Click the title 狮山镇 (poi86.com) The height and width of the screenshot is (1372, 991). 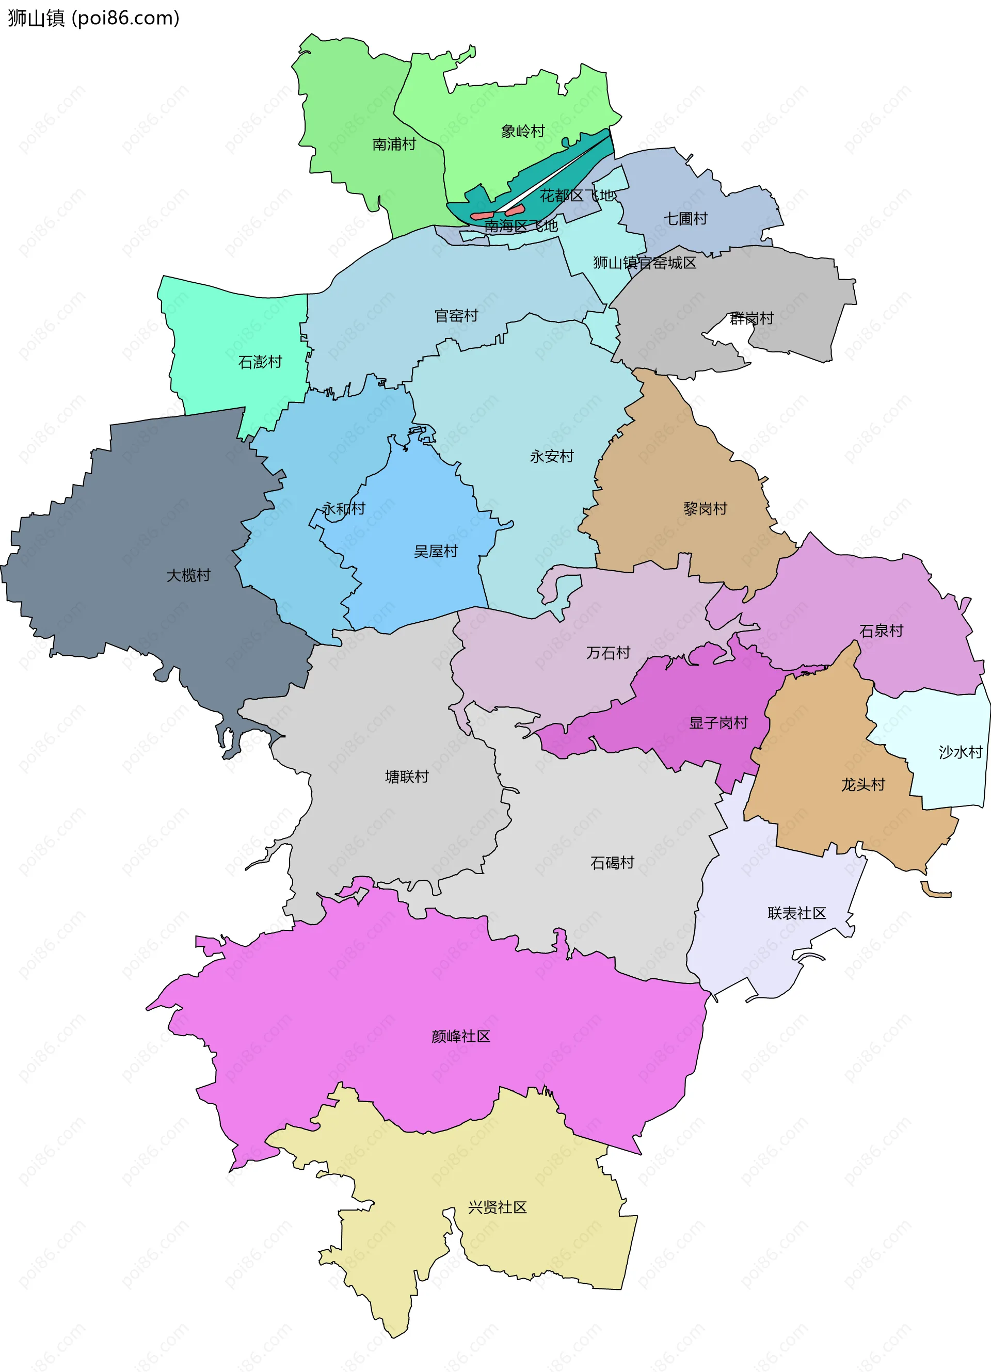click(x=94, y=18)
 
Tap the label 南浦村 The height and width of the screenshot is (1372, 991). click(x=394, y=144)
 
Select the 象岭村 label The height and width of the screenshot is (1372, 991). click(x=523, y=131)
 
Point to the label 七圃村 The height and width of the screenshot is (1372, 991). click(x=685, y=218)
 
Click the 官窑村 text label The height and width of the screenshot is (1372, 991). click(x=456, y=316)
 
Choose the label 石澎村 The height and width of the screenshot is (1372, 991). click(x=260, y=362)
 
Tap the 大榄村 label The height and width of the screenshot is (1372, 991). click(x=189, y=575)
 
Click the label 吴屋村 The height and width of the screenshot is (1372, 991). click(x=436, y=551)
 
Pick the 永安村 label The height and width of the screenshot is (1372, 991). click(x=552, y=456)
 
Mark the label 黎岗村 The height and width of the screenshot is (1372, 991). click(x=705, y=508)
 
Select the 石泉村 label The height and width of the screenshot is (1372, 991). click(x=881, y=631)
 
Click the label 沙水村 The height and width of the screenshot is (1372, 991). click(x=960, y=752)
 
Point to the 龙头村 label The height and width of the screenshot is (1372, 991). click(x=863, y=785)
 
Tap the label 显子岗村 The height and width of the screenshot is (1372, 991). click(x=718, y=722)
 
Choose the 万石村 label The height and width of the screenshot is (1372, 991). click(x=608, y=653)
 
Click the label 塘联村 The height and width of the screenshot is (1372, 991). click(x=407, y=776)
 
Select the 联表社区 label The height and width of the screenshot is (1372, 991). click(x=797, y=913)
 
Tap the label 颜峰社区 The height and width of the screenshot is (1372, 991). click(x=460, y=1036)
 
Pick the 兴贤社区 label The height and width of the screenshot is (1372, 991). click(x=498, y=1207)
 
